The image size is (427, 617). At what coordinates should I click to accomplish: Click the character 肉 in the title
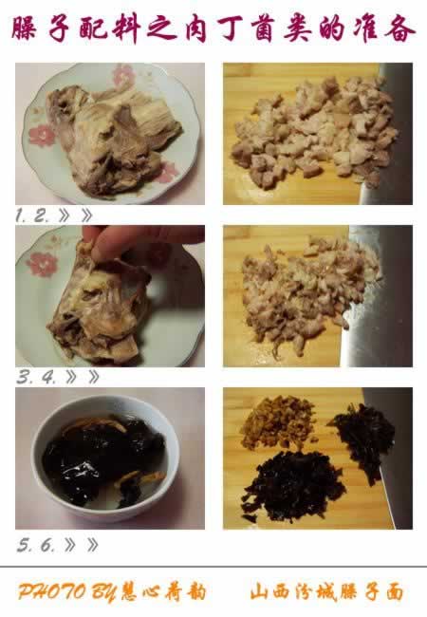pyautogui.click(x=196, y=29)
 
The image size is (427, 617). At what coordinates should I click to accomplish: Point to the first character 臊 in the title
pyautogui.click(x=25, y=28)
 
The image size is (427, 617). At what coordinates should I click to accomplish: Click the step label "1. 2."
pyautogui.click(x=32, y=215)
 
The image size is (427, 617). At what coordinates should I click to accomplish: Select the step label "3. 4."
pyautogui.click(x=36, y=378)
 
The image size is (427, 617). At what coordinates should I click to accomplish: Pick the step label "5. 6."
pyautogui.click(x=36, y=545)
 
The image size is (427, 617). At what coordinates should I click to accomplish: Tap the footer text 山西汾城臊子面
pyautogui.click(x=327, y=592)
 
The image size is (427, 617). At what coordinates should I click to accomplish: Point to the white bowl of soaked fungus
pyautogui.click(x=105, y=458)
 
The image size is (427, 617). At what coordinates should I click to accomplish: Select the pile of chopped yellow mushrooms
pyautogui.click(x=278, y=422)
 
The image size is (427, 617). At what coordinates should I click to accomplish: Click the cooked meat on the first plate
pyautogui.click(x=112, y=138)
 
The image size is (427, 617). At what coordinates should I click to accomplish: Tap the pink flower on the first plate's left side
pyautogui.click(x=42, y=136)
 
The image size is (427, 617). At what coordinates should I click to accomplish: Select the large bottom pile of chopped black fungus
pyautogui.click(x=293, y=486)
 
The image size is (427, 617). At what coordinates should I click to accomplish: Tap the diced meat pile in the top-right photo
pyautogui.click(x=312, y=132)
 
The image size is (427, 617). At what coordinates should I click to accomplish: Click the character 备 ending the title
pyautogui.click(x=400, y=29)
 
